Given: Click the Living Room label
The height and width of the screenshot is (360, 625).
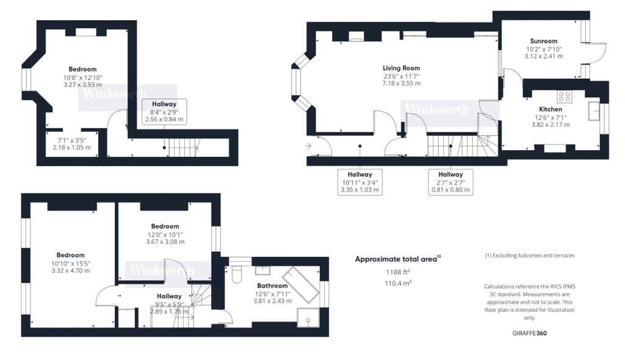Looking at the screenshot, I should [x=401, y=68].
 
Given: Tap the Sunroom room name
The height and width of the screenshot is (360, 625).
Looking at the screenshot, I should [x=543, y=41].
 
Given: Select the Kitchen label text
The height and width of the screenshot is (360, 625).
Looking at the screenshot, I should [x=550, y=109].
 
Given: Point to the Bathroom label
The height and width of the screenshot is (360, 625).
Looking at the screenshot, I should [x=272, y=286].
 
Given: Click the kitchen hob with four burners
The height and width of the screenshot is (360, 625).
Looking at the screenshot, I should [x=565, y=96].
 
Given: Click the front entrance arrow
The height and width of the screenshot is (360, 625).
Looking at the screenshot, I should [x=308, y=146].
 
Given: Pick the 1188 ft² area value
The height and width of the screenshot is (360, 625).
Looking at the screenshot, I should [x=397, y=272].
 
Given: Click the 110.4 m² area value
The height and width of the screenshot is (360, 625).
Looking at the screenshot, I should [x=397, y=283].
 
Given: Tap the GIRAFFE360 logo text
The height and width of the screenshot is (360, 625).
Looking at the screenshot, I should [x=529, y=335].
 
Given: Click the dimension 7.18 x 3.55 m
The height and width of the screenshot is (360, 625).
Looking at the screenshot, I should [x=401, y=83].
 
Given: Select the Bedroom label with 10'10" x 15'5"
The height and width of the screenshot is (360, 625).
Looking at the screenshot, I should [x=70, y=255].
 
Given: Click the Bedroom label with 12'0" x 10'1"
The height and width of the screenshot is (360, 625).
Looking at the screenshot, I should [x=165, y=226].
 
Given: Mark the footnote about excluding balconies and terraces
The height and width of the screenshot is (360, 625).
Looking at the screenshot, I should [x=529, y=255].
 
